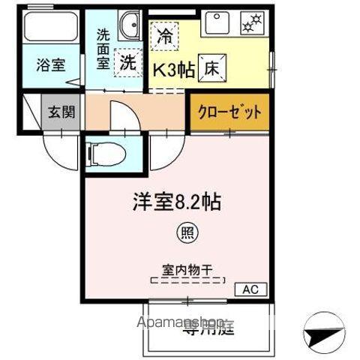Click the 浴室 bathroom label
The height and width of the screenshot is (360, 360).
pos(50,65)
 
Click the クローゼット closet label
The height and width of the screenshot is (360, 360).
pos(229,112)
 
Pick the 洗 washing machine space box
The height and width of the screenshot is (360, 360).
pos(127,62)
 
